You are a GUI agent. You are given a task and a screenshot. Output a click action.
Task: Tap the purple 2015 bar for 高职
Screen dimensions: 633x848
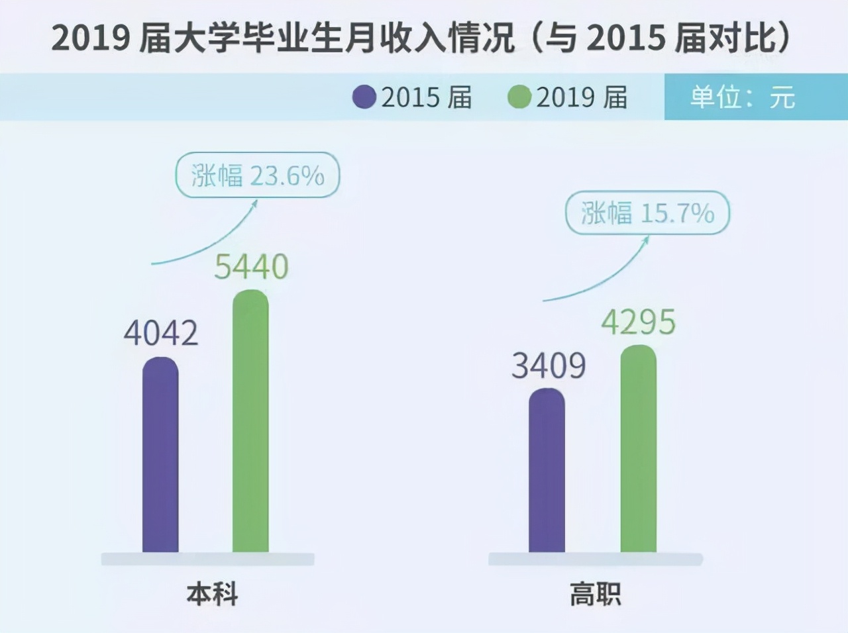547,471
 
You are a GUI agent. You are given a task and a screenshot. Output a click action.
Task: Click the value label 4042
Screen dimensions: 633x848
161,332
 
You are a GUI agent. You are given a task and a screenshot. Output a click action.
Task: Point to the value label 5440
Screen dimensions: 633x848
251,267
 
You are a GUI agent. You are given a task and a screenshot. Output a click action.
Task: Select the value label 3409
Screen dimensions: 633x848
549,365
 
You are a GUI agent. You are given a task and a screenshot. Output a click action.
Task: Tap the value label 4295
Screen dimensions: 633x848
638,322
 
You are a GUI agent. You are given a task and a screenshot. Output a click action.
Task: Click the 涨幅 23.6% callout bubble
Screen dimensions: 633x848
257,175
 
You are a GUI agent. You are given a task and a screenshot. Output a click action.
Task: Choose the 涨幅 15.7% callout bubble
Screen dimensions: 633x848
647,213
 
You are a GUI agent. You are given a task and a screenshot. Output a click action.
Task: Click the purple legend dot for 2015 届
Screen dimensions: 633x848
364,97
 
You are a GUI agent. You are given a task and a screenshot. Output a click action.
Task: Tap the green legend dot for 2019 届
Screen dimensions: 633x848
519,97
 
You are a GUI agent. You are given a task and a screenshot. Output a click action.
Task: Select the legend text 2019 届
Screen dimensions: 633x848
582,97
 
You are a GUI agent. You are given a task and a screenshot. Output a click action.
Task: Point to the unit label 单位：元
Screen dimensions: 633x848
742,97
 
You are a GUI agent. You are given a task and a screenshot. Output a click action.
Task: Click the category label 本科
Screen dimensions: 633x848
212,594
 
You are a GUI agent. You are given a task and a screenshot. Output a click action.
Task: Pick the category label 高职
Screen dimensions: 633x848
595,594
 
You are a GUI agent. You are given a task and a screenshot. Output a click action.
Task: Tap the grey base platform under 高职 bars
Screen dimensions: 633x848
595,560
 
